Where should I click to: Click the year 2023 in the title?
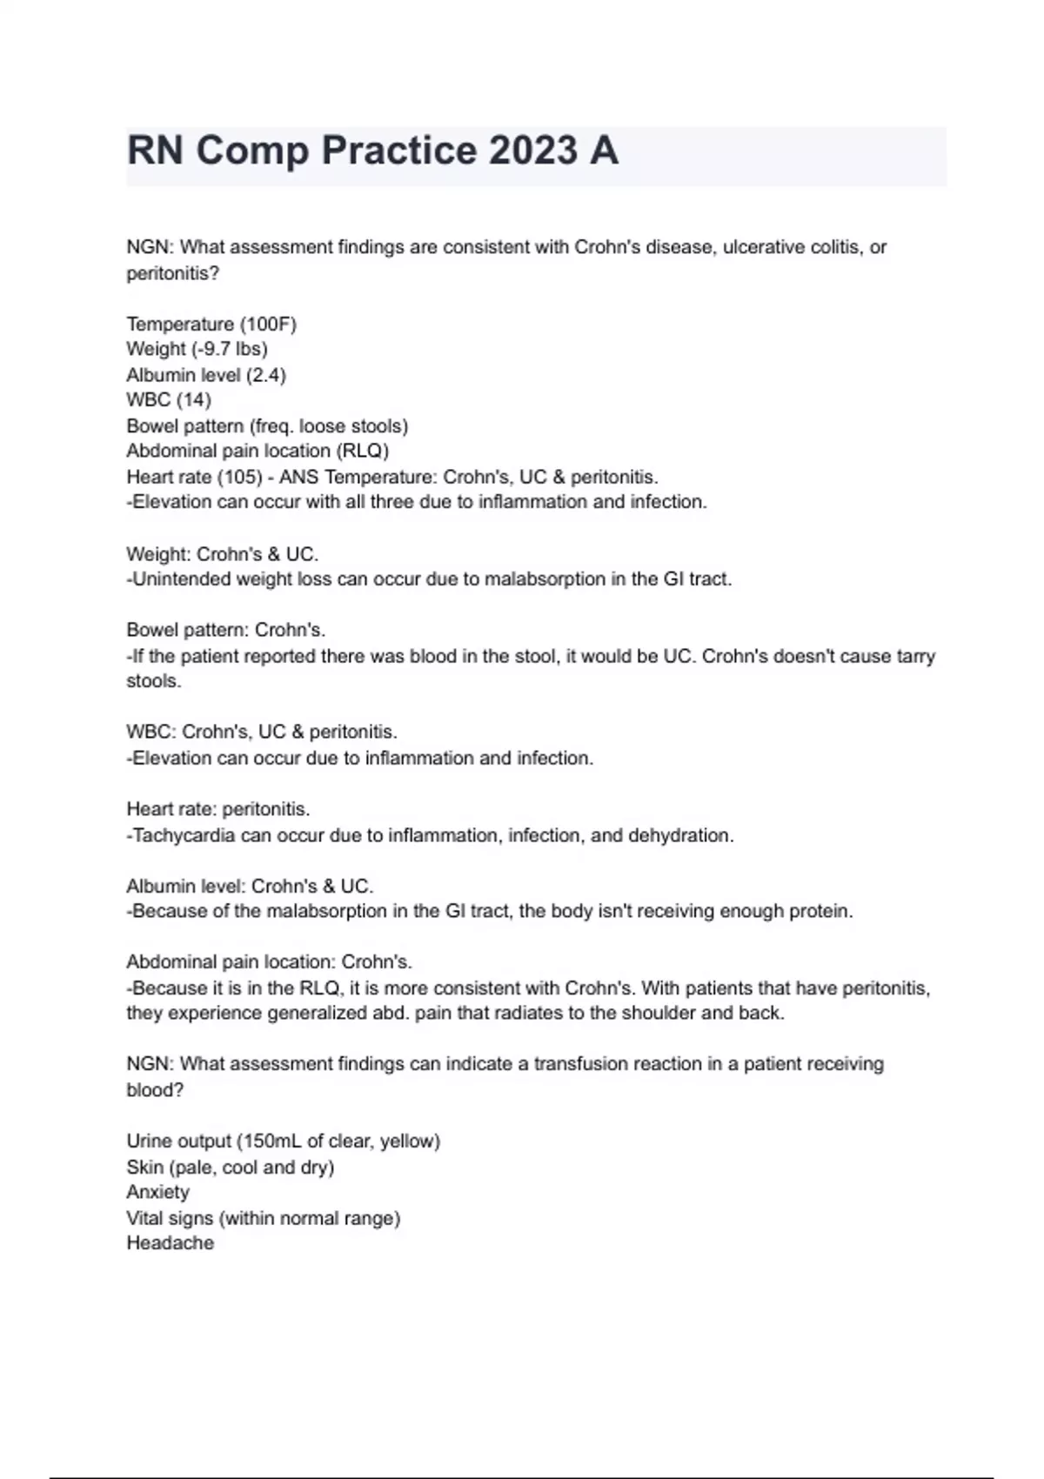[532, 151]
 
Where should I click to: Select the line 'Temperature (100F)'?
[211, 325]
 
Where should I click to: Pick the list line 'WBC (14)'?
[169, 400]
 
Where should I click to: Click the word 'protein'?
[819, 912]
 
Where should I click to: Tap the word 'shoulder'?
[660, 1014]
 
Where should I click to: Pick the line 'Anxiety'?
[157, 1192]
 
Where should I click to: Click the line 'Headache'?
[170, 1243]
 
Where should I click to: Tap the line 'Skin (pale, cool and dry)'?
[230, 1167]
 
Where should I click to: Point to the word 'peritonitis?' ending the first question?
[172, 273]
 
